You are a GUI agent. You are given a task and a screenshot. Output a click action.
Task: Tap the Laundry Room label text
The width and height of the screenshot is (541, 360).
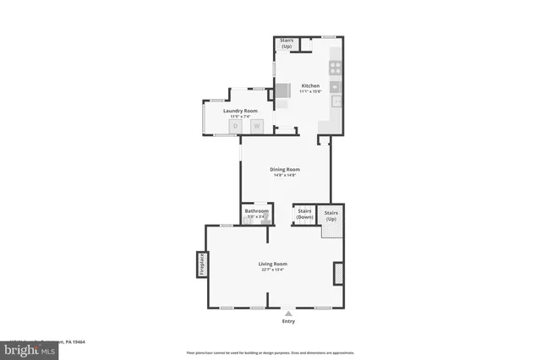pyautogui.click(x=240, y=111)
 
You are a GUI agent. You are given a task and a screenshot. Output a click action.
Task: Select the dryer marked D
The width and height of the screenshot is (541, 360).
pyautogui.click(x=236, y=127)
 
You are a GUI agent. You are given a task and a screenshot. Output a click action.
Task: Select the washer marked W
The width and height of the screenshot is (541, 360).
pyautogui.click(x=256, y=127)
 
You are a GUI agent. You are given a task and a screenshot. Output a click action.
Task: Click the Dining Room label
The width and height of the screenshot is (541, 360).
pyautogui.click(x=285, y=169)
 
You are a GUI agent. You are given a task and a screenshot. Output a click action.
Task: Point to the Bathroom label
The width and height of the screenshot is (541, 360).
pyautogui.click(x=256, y=211)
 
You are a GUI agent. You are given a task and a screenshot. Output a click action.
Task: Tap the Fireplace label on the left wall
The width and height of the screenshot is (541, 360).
pyautogui.click(x=202, y=265)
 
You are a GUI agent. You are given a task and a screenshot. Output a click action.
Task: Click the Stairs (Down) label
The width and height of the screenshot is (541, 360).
pyautogui.click(x=304, y=215)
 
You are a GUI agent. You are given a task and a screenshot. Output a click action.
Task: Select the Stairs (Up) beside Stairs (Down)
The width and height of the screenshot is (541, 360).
pyautogui.click(x=331, y=215)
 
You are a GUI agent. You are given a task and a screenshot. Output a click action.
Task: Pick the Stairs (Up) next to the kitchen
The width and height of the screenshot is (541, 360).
pyautogui.click(x=287, y=43)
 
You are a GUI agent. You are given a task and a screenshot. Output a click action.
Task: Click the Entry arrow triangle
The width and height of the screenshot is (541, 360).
pyautogui.click(x=287, y=313)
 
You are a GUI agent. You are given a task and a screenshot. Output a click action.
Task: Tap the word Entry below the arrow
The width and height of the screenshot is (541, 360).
pyautogui.click(x=288, y=321)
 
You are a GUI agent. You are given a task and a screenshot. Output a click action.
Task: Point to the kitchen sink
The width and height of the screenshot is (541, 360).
pyautogui.click(x=336, y=86)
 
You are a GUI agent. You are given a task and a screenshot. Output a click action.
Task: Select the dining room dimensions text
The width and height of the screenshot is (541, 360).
pyautogui.click(x=285, y=175)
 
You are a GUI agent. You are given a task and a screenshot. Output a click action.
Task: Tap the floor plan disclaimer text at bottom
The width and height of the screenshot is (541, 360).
pyautogui.click(x=270, y=352)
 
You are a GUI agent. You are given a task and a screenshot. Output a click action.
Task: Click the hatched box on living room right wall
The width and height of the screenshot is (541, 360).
pyautogui.click(x=339, y=273)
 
